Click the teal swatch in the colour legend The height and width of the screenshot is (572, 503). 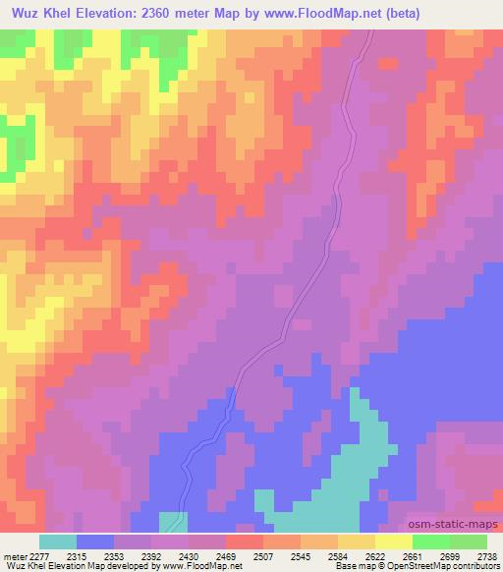point(58,542)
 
